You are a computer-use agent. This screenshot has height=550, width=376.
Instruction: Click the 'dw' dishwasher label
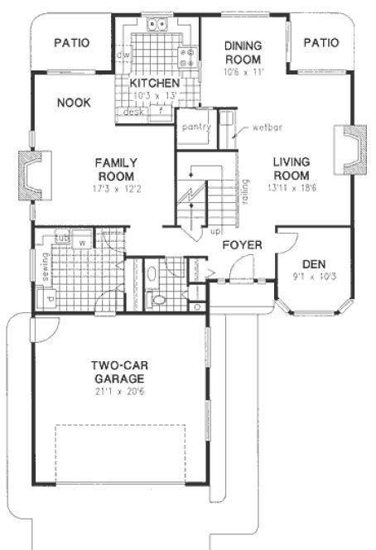pyautogui.click(x=123, y=55)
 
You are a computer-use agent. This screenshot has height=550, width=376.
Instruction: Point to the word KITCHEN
pyautogui.click(x=154, y=84)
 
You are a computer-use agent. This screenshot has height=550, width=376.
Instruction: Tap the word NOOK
pyautogui.click(x=74, y=103)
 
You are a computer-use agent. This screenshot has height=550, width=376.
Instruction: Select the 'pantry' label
pyautogui.click(x=196, y=127)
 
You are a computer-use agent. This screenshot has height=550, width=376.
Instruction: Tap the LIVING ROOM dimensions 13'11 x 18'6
pyautogui.click(x=291, y=189)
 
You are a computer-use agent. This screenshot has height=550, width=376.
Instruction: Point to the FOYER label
pyautogui.click(x=242, y=245)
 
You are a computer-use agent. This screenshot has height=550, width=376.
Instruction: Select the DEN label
pyautogui.click(x=313, y=263)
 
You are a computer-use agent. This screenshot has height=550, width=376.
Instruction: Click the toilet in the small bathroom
pyautogui.click(x=157, y=300)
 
